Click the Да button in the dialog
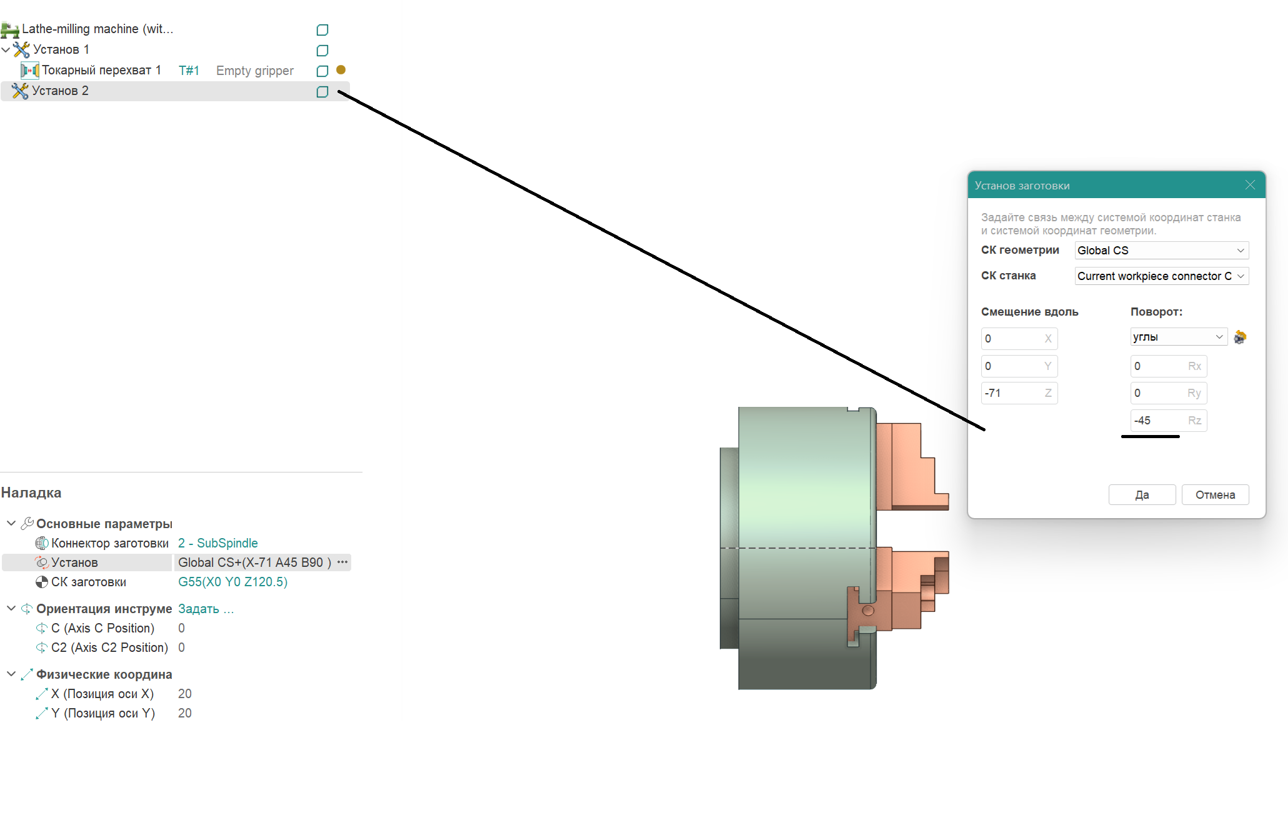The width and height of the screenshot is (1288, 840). (1142, 494)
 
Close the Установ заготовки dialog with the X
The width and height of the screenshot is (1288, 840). (1250, 185)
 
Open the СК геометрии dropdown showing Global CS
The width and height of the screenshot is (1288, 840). (1162, 250)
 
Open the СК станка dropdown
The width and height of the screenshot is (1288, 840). (1162, 276)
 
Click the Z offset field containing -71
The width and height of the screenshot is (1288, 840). (1019, 393)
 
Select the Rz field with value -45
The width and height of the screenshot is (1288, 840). (1168, 421)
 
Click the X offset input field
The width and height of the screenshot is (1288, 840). (1019, 339)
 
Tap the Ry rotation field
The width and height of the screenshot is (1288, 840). (1168, 393)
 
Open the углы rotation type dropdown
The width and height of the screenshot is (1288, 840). (1179, 337)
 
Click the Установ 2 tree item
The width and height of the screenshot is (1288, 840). (60, 91)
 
